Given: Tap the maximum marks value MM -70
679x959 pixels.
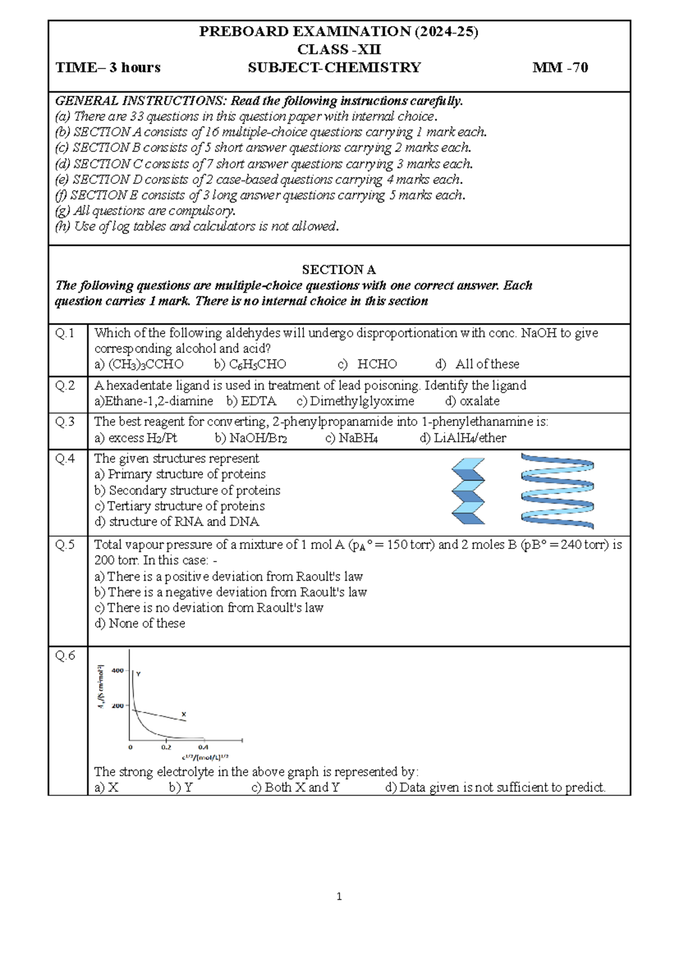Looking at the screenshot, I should (560, 68).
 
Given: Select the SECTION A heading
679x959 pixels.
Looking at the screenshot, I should (338, 270).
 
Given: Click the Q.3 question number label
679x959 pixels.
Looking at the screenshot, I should (65, 422).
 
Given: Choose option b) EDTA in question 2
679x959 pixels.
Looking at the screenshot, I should (251, 401).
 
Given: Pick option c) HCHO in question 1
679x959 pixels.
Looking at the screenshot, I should (368, 364).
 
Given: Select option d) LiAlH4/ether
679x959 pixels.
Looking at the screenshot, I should (463, 438).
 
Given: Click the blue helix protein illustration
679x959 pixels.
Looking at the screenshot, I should (557, 490).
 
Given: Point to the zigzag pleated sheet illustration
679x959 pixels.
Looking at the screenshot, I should (468, 491).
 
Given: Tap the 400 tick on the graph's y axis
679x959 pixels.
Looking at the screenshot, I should (118, 671).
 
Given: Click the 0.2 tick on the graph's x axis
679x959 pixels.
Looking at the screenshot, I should (166, 747).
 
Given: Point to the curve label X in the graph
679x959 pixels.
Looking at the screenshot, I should (183, 715).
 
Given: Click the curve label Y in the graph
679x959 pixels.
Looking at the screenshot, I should (139, 674).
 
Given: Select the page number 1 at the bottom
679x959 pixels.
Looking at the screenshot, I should (339, 896).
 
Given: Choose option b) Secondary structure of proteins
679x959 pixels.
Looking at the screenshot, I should (187, 490).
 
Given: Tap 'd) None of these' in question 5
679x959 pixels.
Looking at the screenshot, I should (140, 624).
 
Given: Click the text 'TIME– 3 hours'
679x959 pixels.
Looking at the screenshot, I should (108, 68).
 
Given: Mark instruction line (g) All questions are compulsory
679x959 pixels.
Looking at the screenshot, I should (145, 211).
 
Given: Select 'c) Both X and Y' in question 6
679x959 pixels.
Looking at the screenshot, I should (295, 788).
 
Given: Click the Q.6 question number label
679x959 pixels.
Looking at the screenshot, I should (65, 656).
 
